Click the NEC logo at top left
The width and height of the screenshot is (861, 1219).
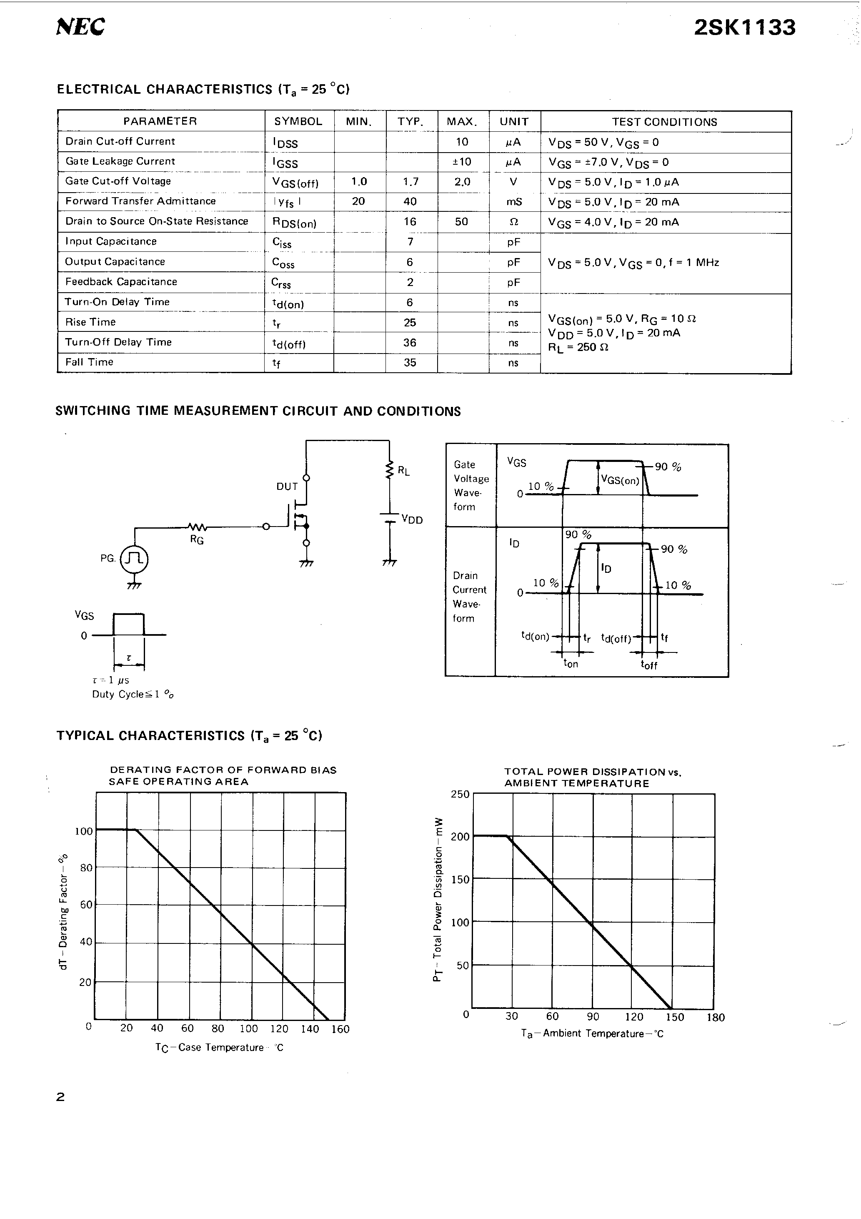click(x=81, y=27)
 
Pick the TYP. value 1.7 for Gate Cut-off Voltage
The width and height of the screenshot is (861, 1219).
click(x=410, y=182)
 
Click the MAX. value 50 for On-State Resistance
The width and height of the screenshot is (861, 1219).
click(x=461, y=221)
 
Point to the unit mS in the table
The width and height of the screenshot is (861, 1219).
click(x=514, y=202)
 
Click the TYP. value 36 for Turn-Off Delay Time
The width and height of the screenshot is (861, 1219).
click(x=409, y=342)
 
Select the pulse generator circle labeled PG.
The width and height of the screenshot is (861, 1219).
click(x=134, y=559)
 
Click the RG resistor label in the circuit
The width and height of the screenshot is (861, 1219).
click(x=197, y=540)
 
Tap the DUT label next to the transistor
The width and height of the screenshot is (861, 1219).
click(x=287, y=487)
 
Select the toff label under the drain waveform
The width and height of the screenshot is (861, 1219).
click(x=649, y=665)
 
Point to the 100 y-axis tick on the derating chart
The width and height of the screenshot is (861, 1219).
click(x=83, y=831)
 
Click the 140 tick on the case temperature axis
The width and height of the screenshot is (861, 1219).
click(x=310, y=1029)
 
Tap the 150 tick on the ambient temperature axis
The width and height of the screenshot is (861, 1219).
click(x=675, y=1017)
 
